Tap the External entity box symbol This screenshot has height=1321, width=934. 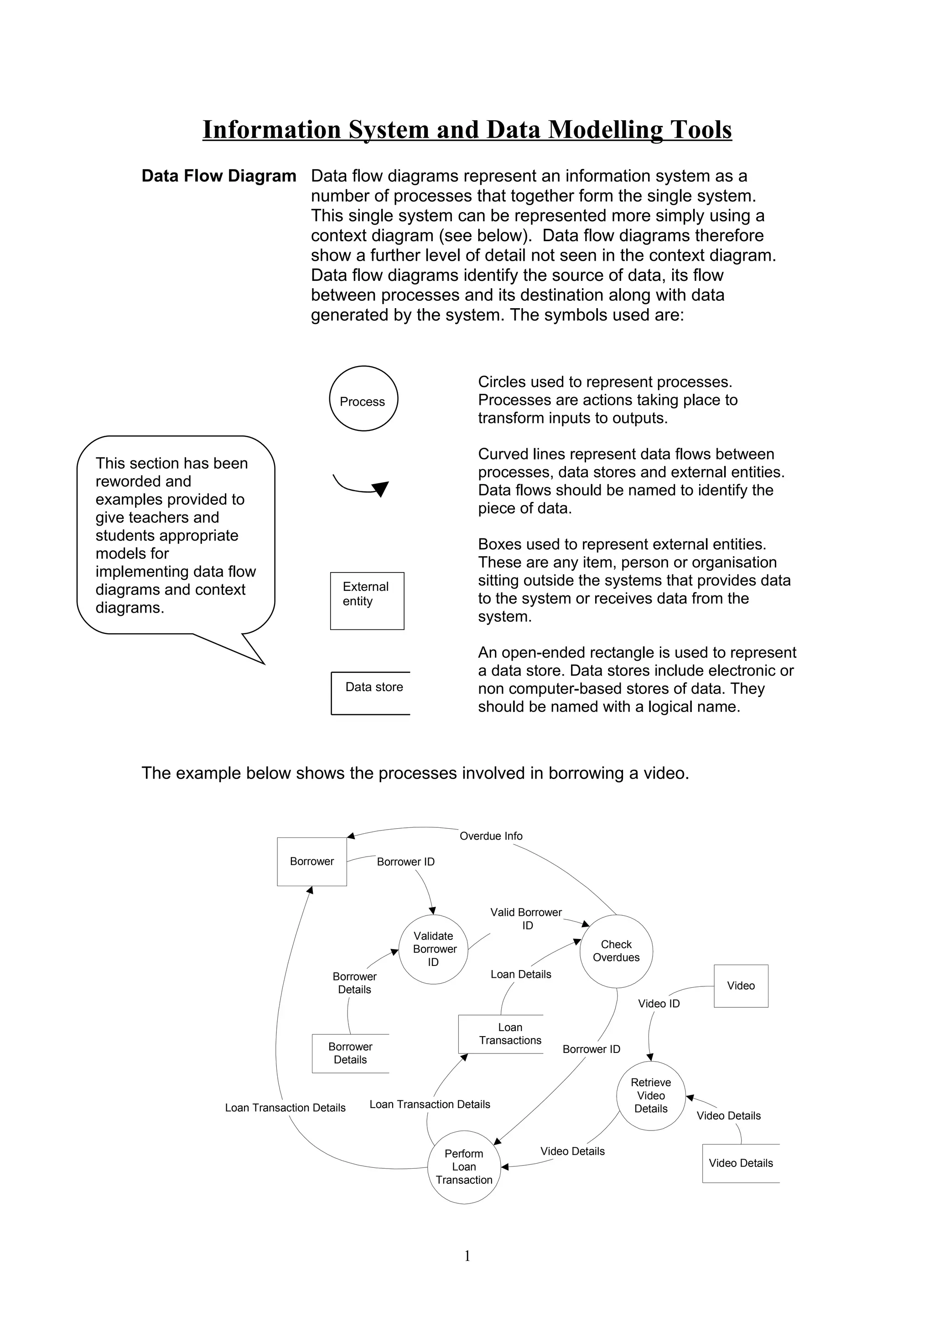pos(367,601)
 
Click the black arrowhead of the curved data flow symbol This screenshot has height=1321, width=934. pos(380,489)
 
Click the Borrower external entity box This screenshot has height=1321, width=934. pos(312,862)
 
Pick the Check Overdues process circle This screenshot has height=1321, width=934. pos(616,951)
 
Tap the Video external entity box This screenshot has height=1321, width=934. pos(741,986)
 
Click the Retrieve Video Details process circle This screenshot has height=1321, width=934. pos(651,1095)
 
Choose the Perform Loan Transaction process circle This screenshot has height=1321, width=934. pos(464,1167)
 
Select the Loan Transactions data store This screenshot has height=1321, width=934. pos(501,1034)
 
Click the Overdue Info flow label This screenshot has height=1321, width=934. pos(491,836)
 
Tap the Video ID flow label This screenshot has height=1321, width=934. pos(659,1003)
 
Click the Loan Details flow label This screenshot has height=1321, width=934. pos(521,974)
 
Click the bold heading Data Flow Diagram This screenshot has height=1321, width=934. pos(219,176)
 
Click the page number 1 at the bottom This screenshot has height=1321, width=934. pos(467,1255)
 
